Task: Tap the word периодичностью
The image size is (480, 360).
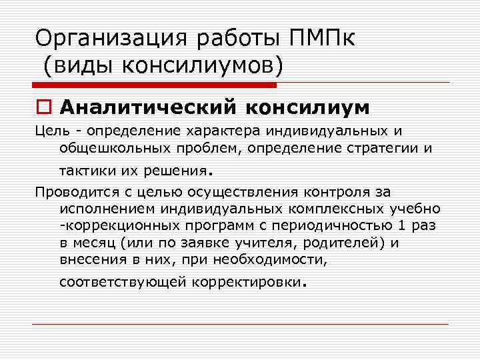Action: coord(337,225)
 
